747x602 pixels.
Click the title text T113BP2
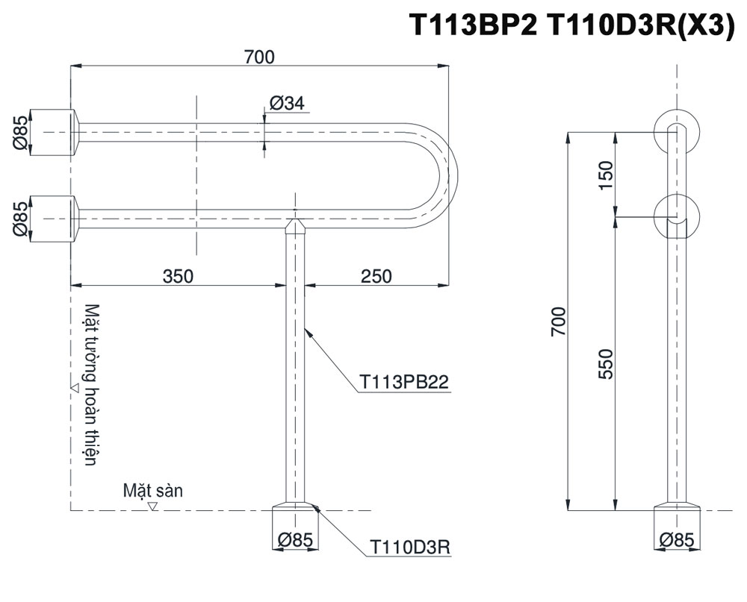[474, 26]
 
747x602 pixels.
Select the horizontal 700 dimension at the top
[258, 56]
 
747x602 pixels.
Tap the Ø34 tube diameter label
[287, 104]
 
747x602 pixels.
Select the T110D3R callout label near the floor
[410, 548]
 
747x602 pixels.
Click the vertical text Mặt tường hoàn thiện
[91, 384]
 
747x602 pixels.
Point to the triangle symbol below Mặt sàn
[152, 506]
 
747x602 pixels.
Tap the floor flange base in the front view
[297, 518]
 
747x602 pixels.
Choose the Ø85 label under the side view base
[677, 539]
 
